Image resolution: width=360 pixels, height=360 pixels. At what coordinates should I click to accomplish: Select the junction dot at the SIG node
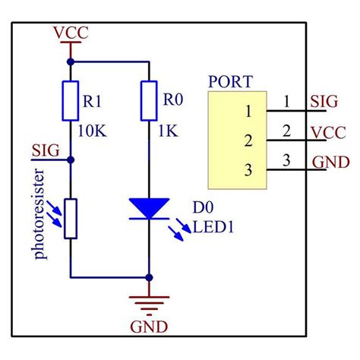[x=71, y=159]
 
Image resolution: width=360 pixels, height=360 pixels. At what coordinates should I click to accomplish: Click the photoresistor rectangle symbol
[x=71, y=218]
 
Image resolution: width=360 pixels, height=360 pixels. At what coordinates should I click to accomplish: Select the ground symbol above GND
[x=148, y=303]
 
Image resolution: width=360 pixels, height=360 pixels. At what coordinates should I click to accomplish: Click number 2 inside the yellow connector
[x=248, y=140]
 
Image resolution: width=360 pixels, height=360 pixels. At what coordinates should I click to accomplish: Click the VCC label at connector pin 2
[x=329, y=133]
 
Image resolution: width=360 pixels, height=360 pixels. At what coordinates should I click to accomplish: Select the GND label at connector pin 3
[x=330, y=163]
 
